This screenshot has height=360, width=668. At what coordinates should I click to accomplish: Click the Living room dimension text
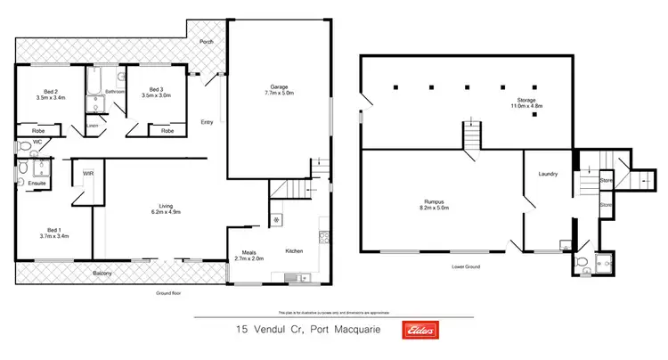click(161, 213)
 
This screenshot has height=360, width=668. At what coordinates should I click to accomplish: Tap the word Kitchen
click(294, 252)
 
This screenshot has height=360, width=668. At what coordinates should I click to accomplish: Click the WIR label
click(88, 173)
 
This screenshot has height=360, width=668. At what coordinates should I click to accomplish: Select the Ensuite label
click(37, 183)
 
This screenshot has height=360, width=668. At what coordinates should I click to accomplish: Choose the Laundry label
click(548, 174)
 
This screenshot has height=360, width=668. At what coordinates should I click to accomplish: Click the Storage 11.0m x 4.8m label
click(526, 103)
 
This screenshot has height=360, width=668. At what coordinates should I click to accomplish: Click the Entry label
click(207, 122)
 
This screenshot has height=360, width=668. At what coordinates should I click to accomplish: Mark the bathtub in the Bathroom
click(94, 86)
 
